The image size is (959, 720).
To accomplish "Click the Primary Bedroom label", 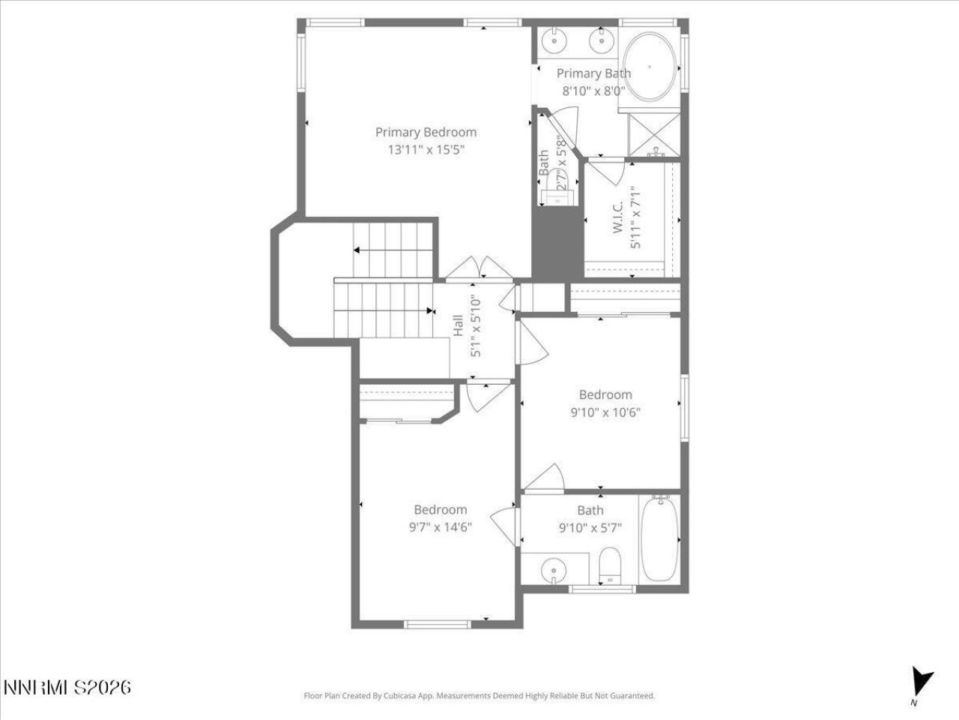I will coord(426,133).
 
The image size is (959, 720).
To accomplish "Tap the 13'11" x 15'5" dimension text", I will coord(426,150).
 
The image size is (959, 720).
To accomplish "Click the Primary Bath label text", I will coord(593,73).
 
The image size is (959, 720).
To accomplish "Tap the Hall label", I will coord(458,327).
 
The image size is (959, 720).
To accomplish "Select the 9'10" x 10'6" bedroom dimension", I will coord(605,412).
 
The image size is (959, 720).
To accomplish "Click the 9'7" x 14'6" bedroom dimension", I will coord(441,526).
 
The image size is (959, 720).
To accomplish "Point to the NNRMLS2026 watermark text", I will coord(67,687).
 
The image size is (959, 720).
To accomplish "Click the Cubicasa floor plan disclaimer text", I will coord(479,696).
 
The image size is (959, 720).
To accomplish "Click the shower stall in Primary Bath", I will coord(655,136).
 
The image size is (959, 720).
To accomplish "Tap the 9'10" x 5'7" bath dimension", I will coord(590,527).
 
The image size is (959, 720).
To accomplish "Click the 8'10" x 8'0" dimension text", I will coord(593,91).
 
